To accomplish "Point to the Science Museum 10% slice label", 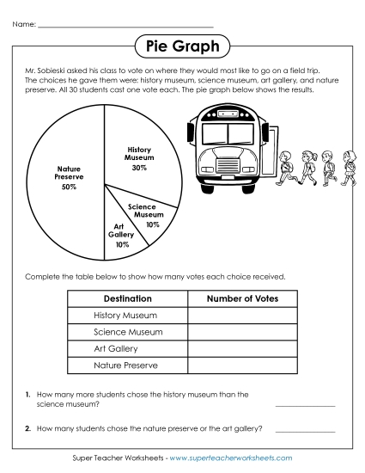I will tap(146, 216).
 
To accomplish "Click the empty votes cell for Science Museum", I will tap(242, 332).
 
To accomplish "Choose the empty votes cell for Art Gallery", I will tap(242, 348).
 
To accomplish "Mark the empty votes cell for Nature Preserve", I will tap(242, 365).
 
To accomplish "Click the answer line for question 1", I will tap(304, 404).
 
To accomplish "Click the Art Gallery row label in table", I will tap(115, 348).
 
